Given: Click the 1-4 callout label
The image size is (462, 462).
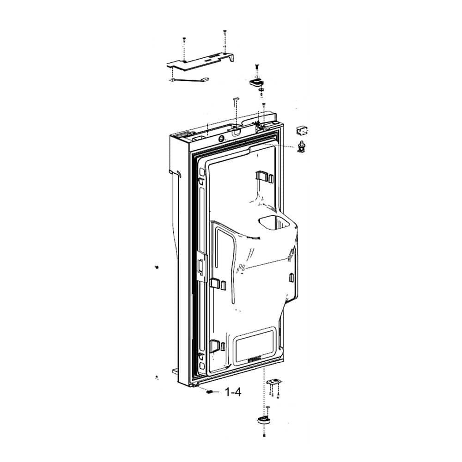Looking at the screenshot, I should click(x=232, y=392).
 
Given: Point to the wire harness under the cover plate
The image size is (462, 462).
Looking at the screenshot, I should click(x=189, y=82).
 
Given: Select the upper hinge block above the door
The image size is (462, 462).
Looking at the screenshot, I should click(x=256, y=82).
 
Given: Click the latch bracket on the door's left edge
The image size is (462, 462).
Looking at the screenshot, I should click(x=201, y=266).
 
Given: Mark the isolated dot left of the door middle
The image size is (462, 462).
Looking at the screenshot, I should click(x=156, y=267).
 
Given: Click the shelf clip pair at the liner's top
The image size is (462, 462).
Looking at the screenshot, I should click(x=263, y=176).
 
